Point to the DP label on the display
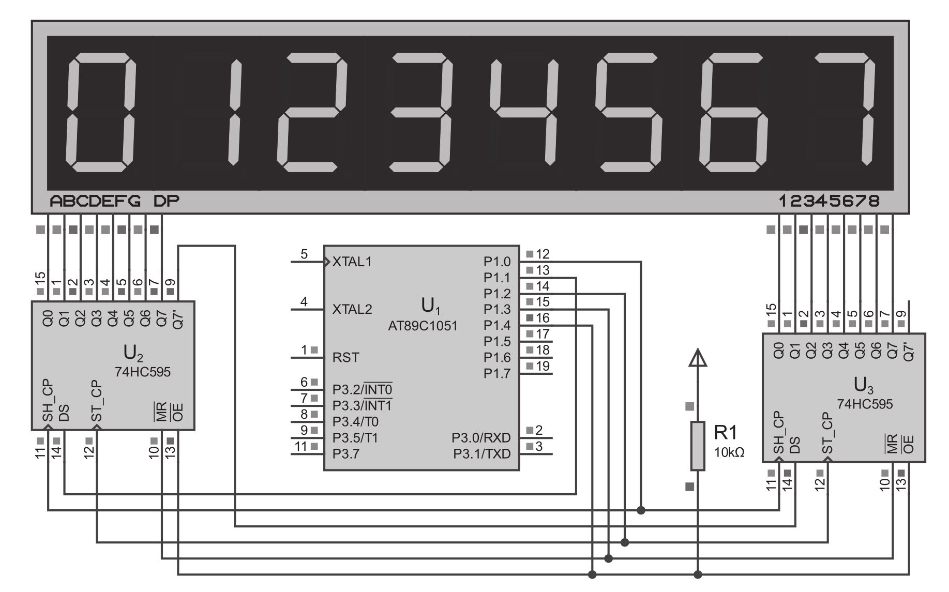coord(167,201)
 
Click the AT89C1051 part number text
coord(423,326)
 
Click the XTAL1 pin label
coord(352,262)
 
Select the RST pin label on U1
coord(345,357)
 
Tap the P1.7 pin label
coord(497,373)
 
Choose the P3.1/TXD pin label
coord(482,454)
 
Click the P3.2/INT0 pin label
coord(362,389)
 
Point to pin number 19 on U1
coord(543,366)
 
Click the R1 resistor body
coord(698,446)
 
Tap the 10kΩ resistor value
coord(729,452)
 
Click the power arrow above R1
coord(698,358)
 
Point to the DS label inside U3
coord(795,445)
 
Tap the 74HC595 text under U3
coord(865,404)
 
